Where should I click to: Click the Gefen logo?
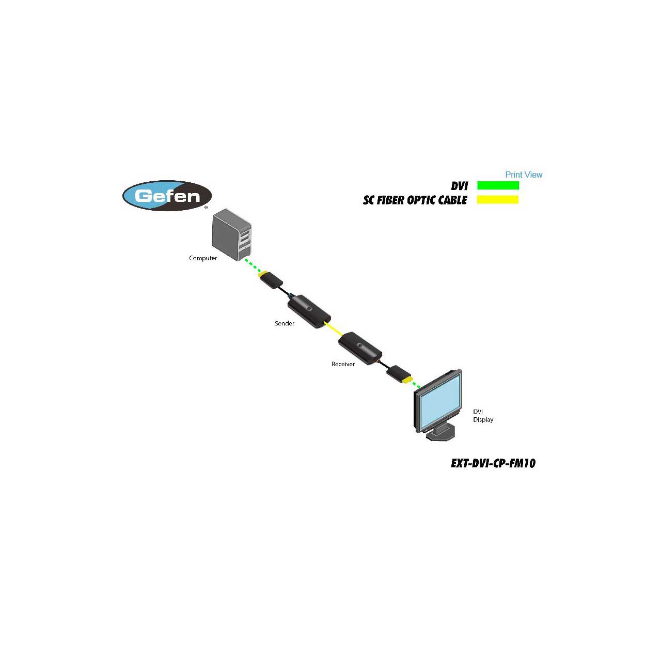[x=167, y=196]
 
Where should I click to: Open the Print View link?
[x=524, y=175]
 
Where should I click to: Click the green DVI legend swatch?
[x=498, y=185]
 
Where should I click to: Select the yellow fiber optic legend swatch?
[x=498, y=200]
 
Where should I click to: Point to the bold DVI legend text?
[x=459, y=186]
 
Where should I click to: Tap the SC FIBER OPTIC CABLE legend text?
[x=415, y=200]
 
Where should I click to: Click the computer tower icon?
[x=231, y=235]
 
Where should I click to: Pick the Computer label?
[x=203, y=258]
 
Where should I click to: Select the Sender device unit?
[x=309, y=311]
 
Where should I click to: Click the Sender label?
[x=285, y=323]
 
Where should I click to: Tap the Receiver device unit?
[x=360, y=349]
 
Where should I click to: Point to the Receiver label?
[x=343, y=364]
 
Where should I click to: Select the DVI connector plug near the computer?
[x=271, y=280]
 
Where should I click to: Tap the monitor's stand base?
[x=441, y=434]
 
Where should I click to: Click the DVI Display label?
[x=483, y=416]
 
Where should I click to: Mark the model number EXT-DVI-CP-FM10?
[x=493, y=463]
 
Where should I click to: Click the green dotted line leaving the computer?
[x=253, y=265]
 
